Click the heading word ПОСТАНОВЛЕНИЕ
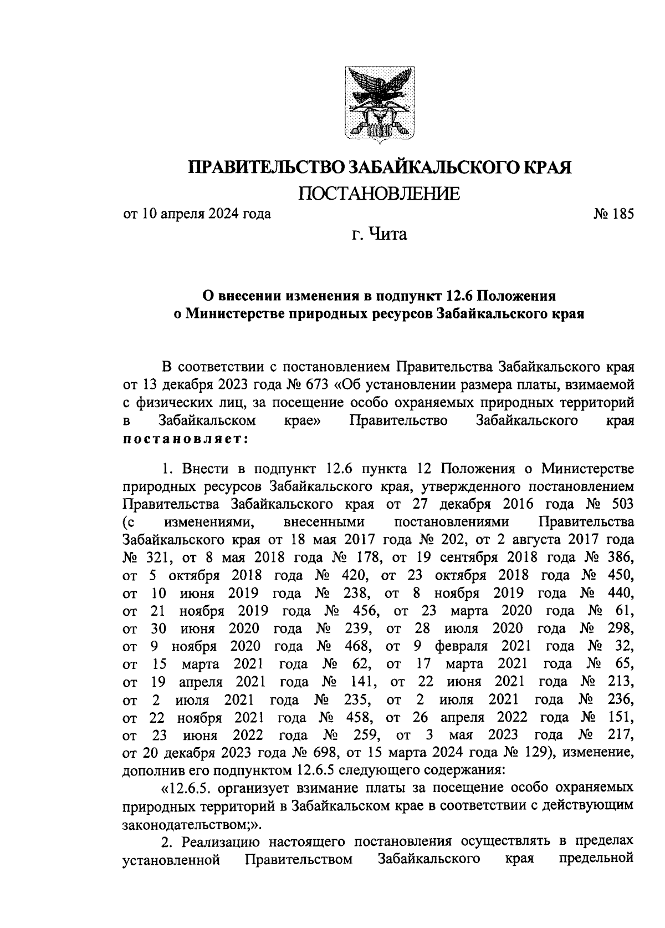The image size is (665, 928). coord(380,194)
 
